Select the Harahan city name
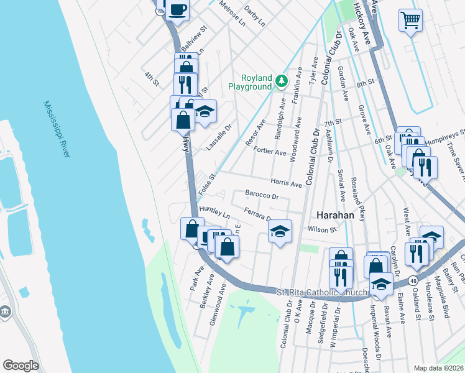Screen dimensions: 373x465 tap(335, 214)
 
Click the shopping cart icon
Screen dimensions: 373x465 tap(410, 21)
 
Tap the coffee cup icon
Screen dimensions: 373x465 tap(177, 9)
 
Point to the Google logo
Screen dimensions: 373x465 tap(21, 365)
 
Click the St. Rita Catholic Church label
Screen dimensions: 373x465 tap(316, 291)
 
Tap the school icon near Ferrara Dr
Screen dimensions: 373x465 tap(280, 232)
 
